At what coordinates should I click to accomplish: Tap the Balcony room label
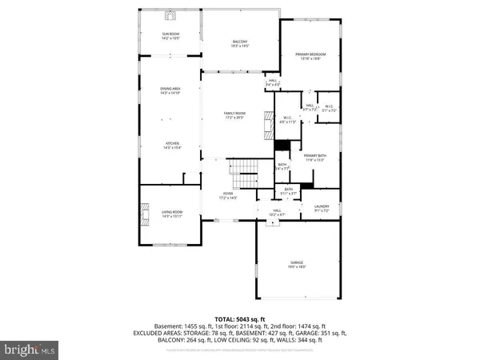click(x=240, y=44)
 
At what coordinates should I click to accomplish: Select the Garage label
click(x=297, y=265)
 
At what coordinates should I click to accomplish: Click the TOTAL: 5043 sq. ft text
click(x=239, y=319)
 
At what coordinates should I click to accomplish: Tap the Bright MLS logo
click(x=30, y=350)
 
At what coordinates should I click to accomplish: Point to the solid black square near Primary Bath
click(x=282, y=145)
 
